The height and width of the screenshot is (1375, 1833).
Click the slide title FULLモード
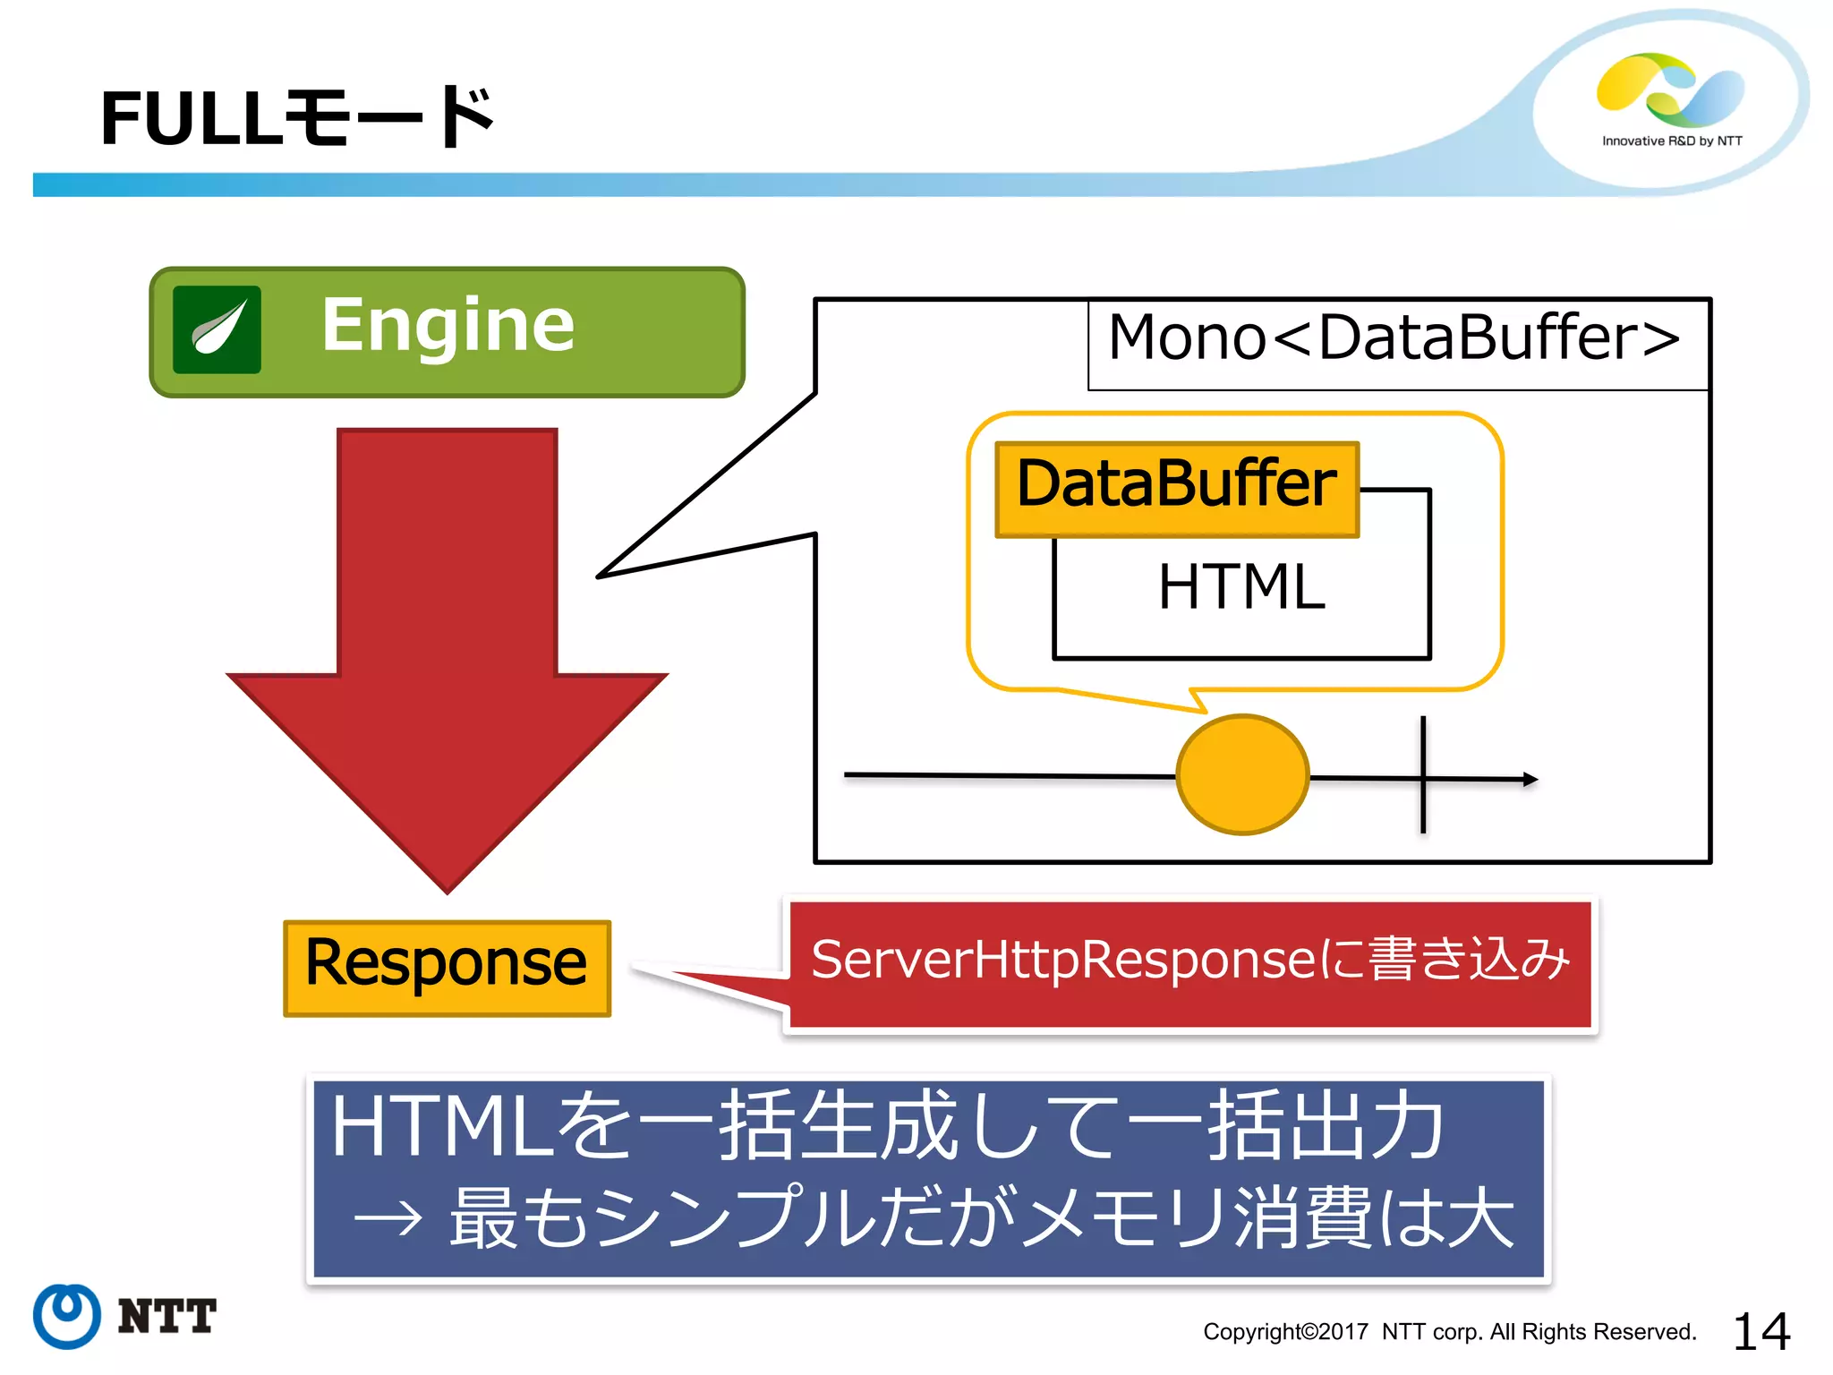point(297,118)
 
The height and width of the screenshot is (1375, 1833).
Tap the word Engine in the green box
point(448,326)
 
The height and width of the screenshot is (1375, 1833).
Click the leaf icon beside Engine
point(217,329)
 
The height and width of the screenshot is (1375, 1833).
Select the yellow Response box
point(447,968)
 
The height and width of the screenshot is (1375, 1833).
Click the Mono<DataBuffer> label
point(1394,338)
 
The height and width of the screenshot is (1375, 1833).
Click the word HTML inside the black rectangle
point(1240,588)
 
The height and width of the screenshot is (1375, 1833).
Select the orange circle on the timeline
point(1242,774)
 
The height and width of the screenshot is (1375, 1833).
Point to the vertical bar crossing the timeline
point(1423,774)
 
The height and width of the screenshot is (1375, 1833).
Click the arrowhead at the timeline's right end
point(1530,780)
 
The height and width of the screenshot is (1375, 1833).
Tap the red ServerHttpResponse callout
point(1190,962)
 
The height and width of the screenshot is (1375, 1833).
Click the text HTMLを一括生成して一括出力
point(886,1127)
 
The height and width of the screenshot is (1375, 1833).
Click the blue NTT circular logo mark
point(66,1315)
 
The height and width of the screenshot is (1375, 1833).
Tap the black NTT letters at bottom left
point(167,1316)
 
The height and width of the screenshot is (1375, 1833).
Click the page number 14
point(1761,1331)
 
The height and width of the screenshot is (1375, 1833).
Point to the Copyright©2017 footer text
point(1449,1332)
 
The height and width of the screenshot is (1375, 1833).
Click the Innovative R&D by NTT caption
point(1671,141)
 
